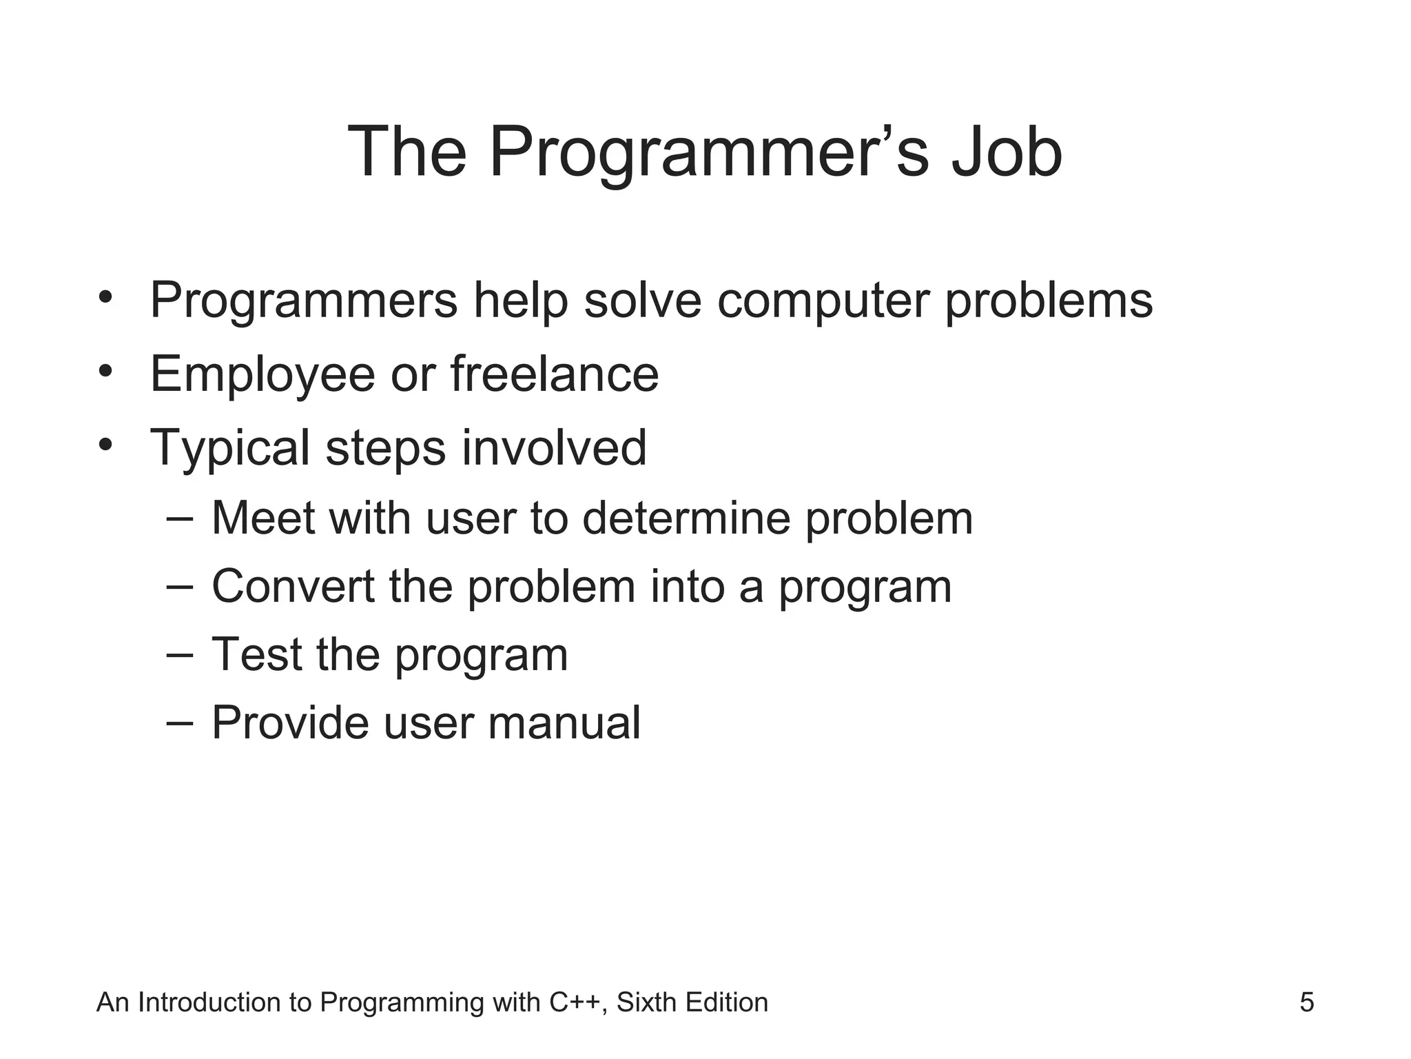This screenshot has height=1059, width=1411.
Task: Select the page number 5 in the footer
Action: point(1306,1002)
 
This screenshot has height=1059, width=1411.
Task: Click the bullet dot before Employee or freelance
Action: point(105,372)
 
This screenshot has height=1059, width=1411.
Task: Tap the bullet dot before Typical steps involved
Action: point(105,445)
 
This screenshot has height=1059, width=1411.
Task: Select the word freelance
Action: point(555,374)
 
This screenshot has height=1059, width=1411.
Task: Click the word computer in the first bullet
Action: point(823,301)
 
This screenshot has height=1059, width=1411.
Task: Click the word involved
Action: point(554,447)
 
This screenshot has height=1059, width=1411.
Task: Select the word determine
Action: point(686,518)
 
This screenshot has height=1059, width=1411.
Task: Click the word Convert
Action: point(293,586)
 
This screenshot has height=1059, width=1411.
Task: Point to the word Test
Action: point(256,654)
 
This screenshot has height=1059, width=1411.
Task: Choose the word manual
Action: point(564,723)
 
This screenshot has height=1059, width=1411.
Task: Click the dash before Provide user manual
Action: point(180,723)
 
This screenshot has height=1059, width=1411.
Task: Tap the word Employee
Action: point(262,375)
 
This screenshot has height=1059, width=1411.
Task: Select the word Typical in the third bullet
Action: point(230,449)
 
